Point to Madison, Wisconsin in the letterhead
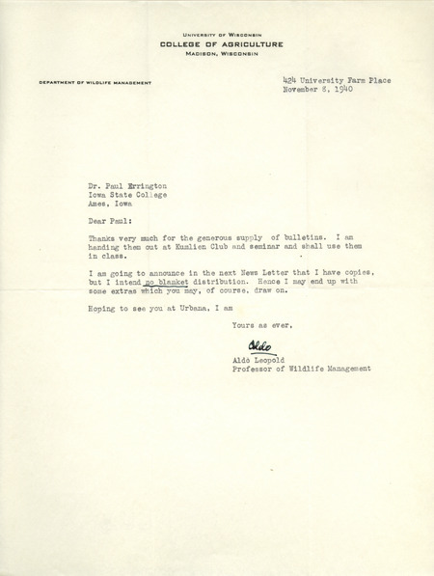216,56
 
